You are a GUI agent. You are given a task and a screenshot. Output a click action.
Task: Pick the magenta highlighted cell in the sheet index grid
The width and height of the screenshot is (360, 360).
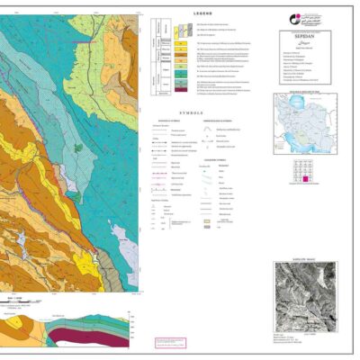tap(308, 180)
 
